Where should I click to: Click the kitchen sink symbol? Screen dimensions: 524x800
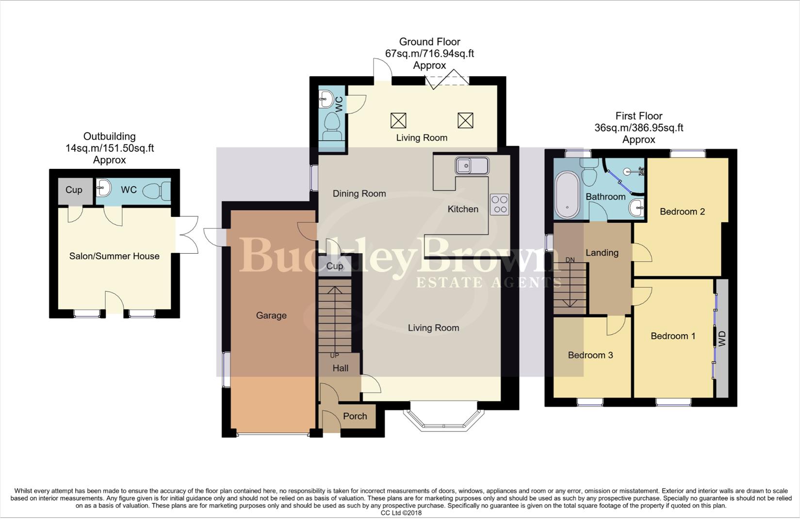pos(472,166)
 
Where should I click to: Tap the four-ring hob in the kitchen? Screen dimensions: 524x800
pos(499,204)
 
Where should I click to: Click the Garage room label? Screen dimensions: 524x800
pos(271,315)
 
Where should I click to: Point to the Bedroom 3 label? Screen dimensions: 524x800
pos(590,355)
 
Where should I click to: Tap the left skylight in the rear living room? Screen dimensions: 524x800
pos(398,120)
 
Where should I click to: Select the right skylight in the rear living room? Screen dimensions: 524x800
pos(465,120)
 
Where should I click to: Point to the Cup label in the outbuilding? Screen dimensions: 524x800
pos(74,190)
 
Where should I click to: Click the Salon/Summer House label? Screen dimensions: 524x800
pos(114,256)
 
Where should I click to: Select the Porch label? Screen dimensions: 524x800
pos(355,416)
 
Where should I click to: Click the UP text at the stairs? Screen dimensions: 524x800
pos(334,356)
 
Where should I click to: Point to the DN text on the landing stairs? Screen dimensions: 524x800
pos(570,260)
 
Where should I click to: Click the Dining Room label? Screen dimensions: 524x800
pos(359,194)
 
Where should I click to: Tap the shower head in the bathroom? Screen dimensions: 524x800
pos(629,171)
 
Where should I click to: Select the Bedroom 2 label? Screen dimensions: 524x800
pos(682,212)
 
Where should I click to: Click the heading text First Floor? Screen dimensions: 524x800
pos(638,116)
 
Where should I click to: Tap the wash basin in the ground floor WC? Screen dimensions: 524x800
pos(326,100)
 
